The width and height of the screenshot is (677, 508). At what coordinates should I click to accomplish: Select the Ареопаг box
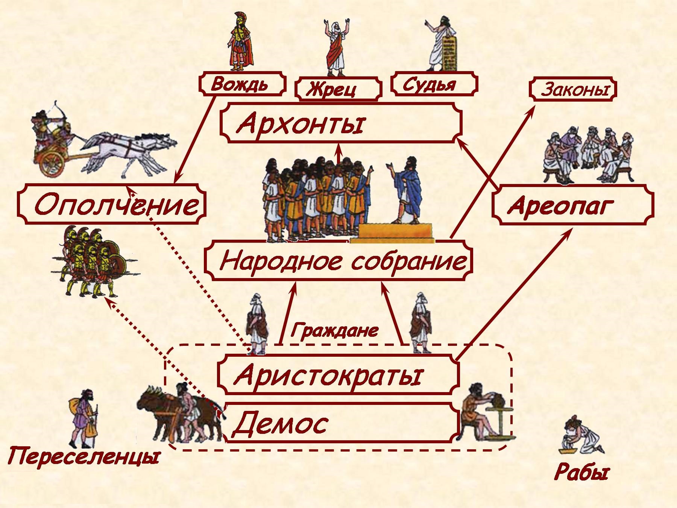[572, 205]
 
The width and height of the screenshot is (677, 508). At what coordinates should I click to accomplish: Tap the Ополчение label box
[112, 204]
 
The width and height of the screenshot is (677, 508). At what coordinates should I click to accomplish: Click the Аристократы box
[338, 375]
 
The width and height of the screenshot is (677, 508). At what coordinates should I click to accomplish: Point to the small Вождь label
[242, 84]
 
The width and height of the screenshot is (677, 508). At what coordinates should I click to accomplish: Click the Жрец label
[338, 89]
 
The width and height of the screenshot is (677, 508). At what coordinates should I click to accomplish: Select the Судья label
[434, 84]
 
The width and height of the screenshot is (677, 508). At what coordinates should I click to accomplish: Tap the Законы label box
[573, 90]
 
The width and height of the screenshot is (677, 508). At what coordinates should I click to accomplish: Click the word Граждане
[334, 330]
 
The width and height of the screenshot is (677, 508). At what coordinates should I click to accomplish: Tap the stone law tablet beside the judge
[449, 53]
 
